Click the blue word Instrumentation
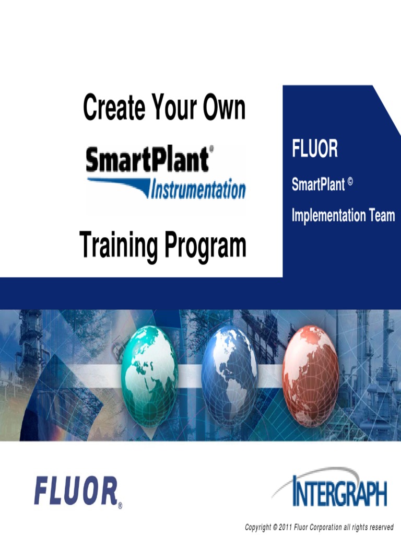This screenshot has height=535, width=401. click(x=198, y=190)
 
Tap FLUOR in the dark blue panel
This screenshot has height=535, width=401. click(x=315, y=150)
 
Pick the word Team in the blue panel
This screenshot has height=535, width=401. click(x=382, y=215)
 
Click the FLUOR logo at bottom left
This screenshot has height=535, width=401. click(x=76, y=493)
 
